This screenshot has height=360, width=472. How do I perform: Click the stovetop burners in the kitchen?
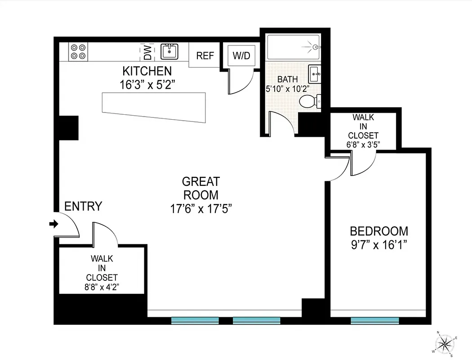click(x=78, y=51)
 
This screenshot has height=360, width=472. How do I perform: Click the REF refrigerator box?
click(x=205, y=56)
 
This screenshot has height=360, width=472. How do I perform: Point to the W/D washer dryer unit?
click(x=241, y=56)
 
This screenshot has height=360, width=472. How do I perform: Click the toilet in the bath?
click(x=309, y=101)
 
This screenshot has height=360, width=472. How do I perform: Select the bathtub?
click(x=293, y=47)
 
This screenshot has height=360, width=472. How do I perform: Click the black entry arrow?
click(x=54, y=224)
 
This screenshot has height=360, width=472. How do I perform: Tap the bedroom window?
click(x=374, y=320)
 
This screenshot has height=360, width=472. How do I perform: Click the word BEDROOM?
click(x=379, y=231)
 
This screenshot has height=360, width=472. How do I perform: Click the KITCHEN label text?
click(x=147, y=71)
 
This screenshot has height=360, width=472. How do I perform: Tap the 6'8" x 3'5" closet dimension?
click(x=363, y=144)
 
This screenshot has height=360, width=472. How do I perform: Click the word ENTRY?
click(x=83, y=207)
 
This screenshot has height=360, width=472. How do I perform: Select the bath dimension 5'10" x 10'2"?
click(x=287, y=89)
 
